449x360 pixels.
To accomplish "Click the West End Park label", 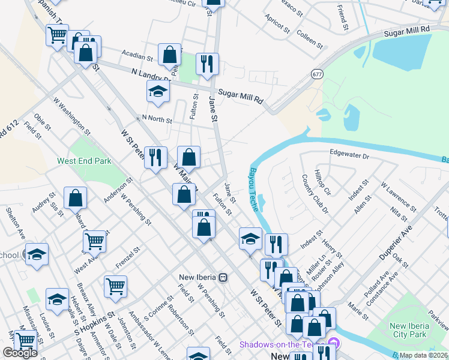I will click(84, 161).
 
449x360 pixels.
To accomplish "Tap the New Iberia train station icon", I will click(223, 278).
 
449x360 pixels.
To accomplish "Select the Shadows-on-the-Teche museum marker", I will click(334, 344).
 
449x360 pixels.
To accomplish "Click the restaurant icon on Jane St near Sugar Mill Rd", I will click(207, 64).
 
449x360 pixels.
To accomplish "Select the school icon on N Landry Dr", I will click(158, 91).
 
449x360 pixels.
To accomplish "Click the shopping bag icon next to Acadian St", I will click(170, 55).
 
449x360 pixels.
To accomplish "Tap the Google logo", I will click(20, 353).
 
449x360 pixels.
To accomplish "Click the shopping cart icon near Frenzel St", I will click(115, 286).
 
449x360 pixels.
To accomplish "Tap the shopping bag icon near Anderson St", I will click(76, 197).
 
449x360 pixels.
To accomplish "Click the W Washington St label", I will click(71, 116).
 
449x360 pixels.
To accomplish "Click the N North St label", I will click(156, 119).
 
